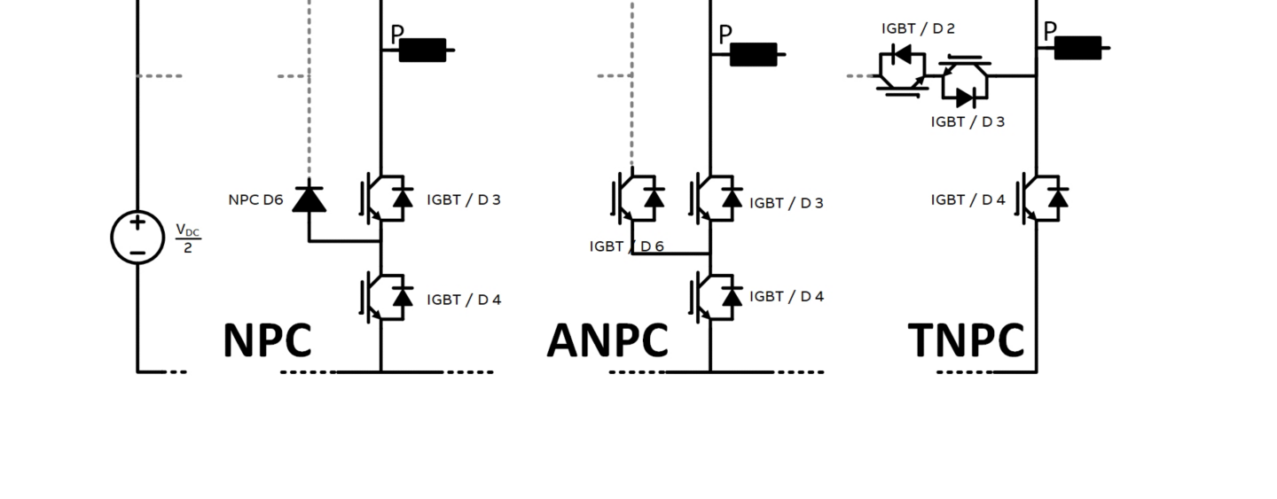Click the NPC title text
pos(267,340)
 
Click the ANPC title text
pos(607,340)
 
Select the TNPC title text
pos(966,340)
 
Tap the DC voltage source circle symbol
pos(137,238)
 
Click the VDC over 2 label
pos(187,238)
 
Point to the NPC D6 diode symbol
pos(309,198)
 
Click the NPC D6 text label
pos(255,200)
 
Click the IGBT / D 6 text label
pos(626,246)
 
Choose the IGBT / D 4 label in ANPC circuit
pos(787,296)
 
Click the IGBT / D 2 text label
pos(918,29)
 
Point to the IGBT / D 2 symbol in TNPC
pos(902,68)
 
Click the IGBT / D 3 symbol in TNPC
pos(965,83)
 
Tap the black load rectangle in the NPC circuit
pos(423,51)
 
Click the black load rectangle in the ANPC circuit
pos(754,55)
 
